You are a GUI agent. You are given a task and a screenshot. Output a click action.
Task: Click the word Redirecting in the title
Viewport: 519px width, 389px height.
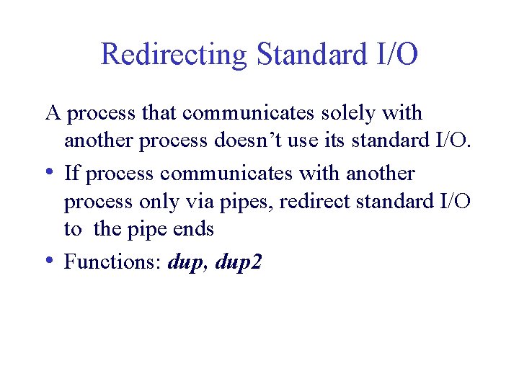[174, 55]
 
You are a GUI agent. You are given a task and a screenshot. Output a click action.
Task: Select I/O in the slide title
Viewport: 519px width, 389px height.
[394, 55]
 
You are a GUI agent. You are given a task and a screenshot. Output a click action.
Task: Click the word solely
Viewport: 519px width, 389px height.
[350, 113]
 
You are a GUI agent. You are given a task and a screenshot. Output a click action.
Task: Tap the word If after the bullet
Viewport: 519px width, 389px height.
[71, 174]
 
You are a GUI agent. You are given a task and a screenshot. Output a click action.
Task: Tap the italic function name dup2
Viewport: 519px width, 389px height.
[239, 263]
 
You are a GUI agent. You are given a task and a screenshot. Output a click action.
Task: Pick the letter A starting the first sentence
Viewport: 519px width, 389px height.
[52, 113]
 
